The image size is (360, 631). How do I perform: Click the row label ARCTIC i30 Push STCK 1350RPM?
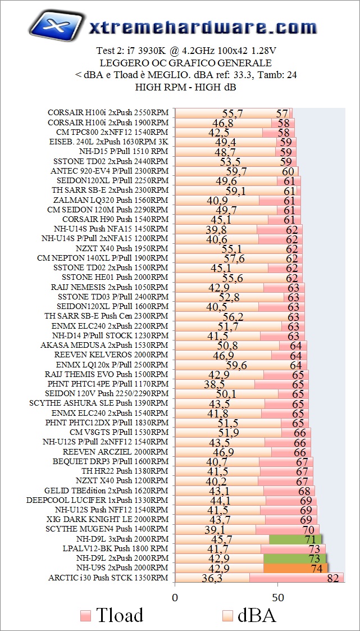(108, 578)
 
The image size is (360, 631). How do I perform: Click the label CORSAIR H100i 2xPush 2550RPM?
(108, 112)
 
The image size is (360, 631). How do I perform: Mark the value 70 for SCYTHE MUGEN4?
(308, 529)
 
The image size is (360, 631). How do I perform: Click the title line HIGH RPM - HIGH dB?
(185, 87)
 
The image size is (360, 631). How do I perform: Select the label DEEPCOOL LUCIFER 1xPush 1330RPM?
(97, 500)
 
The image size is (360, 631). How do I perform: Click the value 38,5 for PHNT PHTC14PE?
(214, 384)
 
